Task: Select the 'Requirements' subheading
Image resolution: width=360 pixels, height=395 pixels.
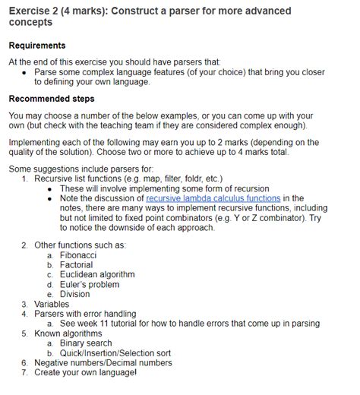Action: (36, 46)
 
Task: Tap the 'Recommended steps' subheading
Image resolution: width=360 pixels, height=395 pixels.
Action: (51, 99)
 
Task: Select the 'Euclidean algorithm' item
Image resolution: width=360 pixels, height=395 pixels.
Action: (97, 274)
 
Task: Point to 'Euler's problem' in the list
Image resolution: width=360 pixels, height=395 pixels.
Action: (90, 284)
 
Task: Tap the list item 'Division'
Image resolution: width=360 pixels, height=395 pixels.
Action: (75, 294)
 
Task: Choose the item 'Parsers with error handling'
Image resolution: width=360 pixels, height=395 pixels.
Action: (85, 314)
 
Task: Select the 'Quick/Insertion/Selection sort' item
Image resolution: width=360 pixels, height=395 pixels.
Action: (115, 353)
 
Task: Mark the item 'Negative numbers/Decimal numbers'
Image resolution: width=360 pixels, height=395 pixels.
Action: (103, 363)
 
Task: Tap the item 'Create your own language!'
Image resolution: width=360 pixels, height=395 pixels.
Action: (85, 373)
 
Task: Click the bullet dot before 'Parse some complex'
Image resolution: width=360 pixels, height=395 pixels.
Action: (25, 72)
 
